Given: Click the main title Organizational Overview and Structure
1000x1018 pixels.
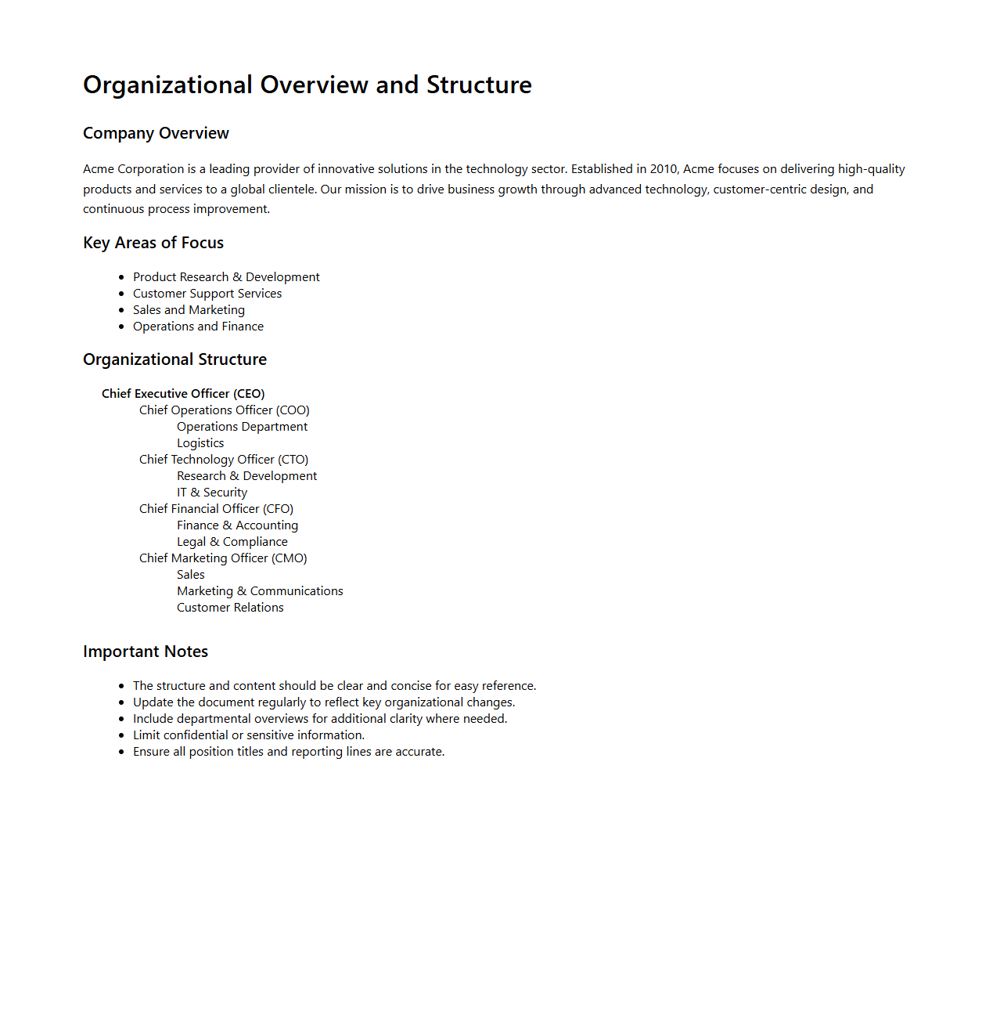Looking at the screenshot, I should coord(307,85).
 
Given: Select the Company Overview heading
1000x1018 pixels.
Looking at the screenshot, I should coord(156,133).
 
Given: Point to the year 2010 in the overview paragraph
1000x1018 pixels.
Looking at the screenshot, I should coord(664,169).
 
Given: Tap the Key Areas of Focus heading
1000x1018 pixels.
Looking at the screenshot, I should coord(153,243).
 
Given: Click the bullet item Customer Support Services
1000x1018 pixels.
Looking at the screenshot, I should coord(207,294).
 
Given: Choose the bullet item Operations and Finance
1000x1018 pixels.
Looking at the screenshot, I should coord(198,327).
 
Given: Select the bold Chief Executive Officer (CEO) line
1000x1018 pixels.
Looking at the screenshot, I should coord(183,394).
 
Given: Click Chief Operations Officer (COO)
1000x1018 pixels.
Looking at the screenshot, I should coord(225,410).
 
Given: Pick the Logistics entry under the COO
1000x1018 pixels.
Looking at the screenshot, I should coord(200,443).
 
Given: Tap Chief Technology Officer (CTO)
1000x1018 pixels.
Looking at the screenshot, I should coord(224,460).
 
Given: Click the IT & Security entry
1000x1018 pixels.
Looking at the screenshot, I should coord(212,493).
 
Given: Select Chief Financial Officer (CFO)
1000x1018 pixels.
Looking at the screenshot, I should coord(216,509).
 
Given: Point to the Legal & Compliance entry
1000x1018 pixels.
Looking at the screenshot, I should coord(232,542).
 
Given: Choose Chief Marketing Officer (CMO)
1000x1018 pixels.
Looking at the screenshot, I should coord(223,558).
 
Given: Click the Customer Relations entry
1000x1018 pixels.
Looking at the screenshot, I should coord(230,608).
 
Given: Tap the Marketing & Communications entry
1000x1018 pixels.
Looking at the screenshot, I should coord(260,591).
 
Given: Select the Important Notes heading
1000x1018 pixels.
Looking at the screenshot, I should coord(146,652).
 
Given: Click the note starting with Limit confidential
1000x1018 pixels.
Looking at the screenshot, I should coord(249,735).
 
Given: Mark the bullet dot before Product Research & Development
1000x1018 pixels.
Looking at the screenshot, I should coord(121,277).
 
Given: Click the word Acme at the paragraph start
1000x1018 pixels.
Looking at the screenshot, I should coord(99,169).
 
